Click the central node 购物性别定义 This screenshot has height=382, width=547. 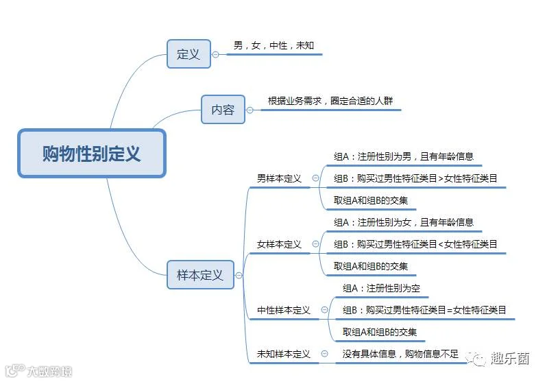point(92,154)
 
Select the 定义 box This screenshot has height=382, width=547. point(189,53)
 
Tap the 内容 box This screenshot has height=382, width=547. point(223,109)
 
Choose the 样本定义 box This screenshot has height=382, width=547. point(200,275)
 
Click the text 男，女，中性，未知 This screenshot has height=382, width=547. point(274,45)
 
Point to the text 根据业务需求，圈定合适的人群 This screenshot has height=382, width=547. point(330,101)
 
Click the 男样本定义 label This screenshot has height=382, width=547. point(279,178)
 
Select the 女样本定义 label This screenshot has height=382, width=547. point(279,244)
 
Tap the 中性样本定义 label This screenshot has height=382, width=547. point(284,310)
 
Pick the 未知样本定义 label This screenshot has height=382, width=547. point(284,354)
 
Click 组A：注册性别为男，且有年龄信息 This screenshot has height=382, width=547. point(404,156)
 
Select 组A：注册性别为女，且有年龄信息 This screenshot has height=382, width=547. point(404,222)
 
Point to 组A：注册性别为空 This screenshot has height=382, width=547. point(381,288)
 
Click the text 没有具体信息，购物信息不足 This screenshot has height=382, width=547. point(400,354)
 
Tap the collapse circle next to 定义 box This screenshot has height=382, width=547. point(216,54)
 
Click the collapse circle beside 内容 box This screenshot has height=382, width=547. point(250,110)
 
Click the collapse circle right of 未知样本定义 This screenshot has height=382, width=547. point(324,354)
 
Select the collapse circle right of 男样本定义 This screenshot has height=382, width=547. point(316,178)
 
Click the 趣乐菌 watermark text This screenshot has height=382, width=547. point(510,358)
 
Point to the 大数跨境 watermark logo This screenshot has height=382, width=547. point(38,371)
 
